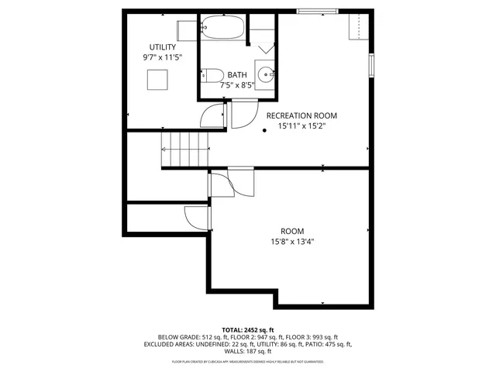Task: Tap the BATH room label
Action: pyautogui.click(x=237, y=75)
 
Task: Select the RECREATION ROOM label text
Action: pyautogui.click(x=301, y=115)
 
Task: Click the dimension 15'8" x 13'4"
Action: pyautogui.click(x=291, y=241)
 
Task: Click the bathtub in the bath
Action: pyautogui.click(x=222, y=30)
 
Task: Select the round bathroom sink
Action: pyautogui.click(x=265, y=75)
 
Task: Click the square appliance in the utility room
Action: pyautogui.click(x=157, y=80)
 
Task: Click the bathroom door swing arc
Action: pyautogui.click(x=243, y=117)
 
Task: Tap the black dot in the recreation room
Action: pyautogui.click(x=264, y=130)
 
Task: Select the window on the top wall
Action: pyautogui.click(x=318, y=11)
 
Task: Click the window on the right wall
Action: pyautogui.click(x=372, y=65)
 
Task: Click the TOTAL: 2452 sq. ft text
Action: pyautogui.click(x=247, y=329)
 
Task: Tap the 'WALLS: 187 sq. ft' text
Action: pyautogui.click(x=247, y=351)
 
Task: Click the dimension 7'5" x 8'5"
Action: pyautogui.click(x=237, y=85)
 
